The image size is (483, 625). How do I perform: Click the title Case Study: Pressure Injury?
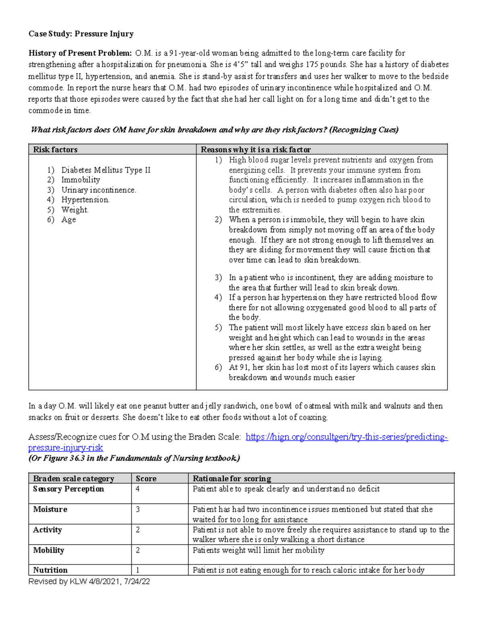point(81,34)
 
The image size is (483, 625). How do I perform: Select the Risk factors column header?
point(55,150)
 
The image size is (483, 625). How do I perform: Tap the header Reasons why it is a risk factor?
point(256,150)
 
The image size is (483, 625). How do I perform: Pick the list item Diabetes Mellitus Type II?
point(105,170)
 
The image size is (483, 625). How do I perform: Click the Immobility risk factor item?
point(80,180)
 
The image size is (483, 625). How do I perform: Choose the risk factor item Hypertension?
point(85,200)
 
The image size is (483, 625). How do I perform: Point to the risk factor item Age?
point(68,220)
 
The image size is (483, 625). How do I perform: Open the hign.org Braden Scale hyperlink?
point(346,437)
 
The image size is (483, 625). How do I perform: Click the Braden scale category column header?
point(74,479)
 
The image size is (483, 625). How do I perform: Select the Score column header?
point(146,479)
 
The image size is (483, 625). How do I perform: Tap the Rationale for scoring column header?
point(232,479)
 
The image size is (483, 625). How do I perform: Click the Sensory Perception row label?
point(68,489)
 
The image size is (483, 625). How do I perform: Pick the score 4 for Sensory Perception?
point(138,489)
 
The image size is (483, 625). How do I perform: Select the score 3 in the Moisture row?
point(138,509)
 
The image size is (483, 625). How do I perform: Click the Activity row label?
point(47,530)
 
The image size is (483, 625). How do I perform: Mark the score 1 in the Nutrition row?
point(138,570)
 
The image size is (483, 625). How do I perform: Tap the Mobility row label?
point(49,550)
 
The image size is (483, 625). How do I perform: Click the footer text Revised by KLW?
point(89,582)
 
